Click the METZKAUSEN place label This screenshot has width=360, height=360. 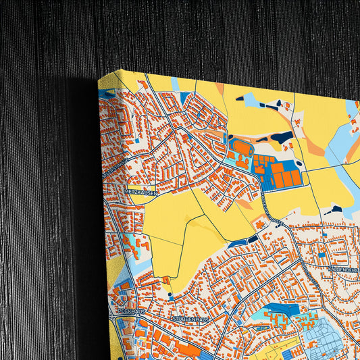141,192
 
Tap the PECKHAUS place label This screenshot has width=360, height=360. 131,311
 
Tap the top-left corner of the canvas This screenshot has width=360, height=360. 99,78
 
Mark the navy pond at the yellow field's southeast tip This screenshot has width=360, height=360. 253,238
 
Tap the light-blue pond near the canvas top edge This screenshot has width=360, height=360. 251,101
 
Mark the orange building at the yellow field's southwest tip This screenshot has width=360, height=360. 165,279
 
